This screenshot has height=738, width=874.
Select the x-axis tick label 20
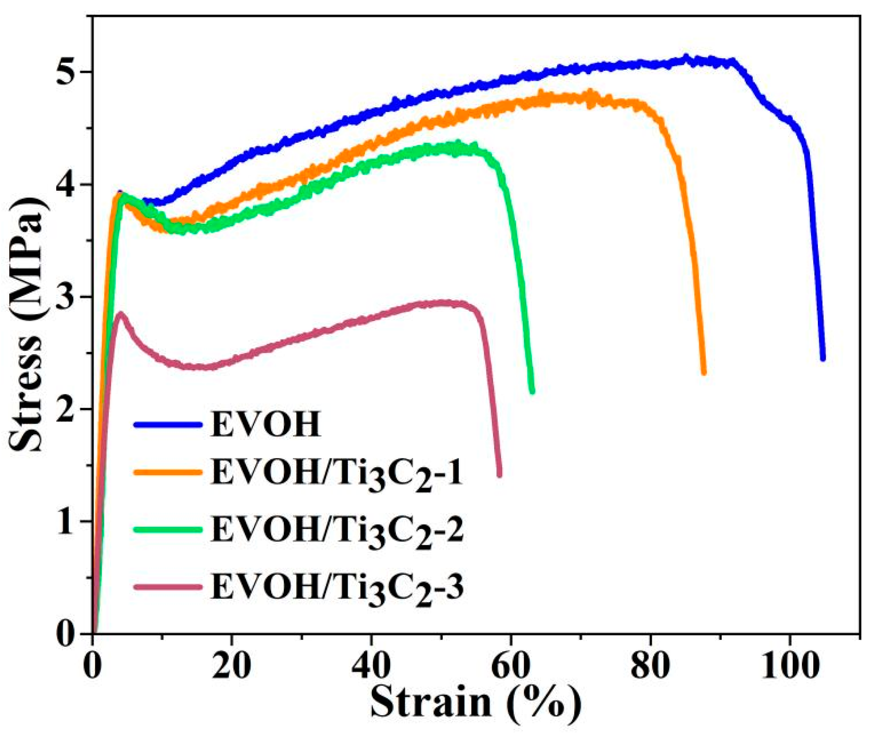pos(231,665)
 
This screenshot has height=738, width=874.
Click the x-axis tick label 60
pos(511,665)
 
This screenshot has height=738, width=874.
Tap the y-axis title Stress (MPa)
pos(26,323)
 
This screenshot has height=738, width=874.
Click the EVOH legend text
pos(266,425)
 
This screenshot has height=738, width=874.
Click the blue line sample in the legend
pos(168,425)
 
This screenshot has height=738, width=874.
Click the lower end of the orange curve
pos(704,372)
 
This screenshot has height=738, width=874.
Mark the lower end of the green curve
pos(532,391)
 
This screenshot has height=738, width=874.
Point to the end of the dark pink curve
pos(499,475)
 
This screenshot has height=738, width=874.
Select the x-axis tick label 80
pos(650,665)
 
